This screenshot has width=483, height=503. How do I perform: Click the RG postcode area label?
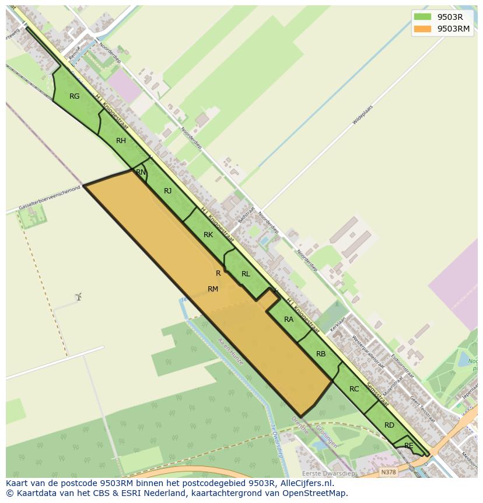tap(75, 96)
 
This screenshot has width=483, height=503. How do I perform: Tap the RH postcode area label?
tap(121, 141)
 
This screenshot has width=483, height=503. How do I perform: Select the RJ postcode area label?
tap(168, 191)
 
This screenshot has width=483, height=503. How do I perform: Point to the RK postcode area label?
tap(208, 235)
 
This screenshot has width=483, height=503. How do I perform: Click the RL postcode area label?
tap(246, 274)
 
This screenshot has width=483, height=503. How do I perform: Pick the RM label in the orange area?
tap(213, 289)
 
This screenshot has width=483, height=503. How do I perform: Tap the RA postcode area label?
tap(289, 320)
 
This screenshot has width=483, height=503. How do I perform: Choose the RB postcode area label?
tap(321, 354)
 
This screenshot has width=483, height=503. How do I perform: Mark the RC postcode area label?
tap(354, 389)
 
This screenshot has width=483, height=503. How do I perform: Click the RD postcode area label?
tap(389, 425)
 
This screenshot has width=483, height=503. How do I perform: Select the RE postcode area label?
tap(409, 446)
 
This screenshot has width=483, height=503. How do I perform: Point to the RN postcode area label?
tap(141, 172)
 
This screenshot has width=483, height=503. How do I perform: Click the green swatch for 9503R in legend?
tap(422, 17)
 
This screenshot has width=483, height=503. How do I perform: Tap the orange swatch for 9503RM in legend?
tap(422, 29)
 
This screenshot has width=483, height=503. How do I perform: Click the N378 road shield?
tap(388, 472)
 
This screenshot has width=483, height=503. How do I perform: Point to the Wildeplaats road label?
tap(362, 115)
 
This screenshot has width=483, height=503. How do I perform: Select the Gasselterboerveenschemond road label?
tap(49, 199)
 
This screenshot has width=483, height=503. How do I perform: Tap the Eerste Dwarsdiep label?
tap(328, 473)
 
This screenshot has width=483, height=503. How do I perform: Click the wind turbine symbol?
tap(78, 297)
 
